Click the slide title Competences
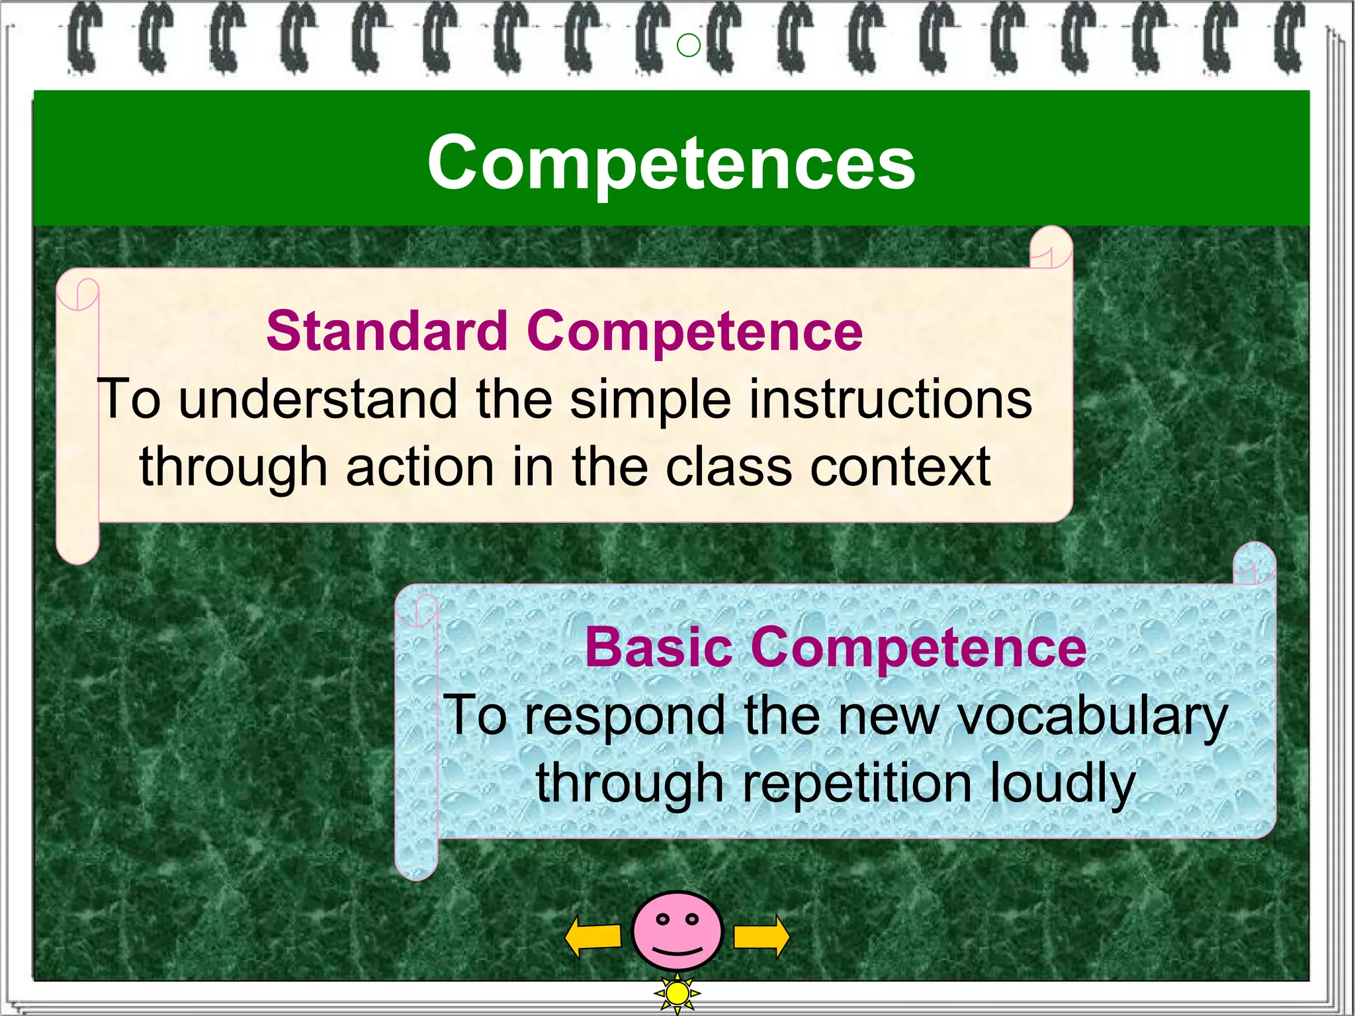[671, 162]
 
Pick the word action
[419, 466]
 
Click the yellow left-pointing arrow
[593, 936]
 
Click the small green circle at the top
[689, 46]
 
